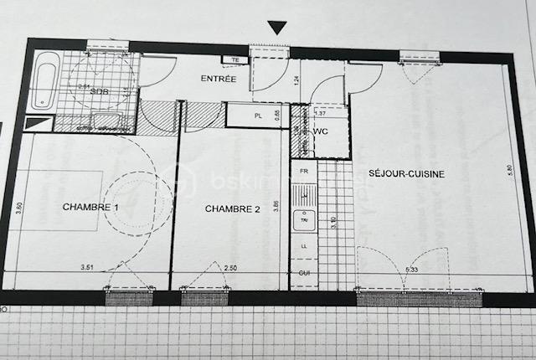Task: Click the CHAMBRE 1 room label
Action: (90, 207)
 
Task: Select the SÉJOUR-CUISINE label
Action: (406, 174)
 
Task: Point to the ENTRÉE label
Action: (218, 80)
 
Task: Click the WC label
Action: (320, 132)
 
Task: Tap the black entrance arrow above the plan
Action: (276, 28)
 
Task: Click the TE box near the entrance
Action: (235, 60)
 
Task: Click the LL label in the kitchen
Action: (303, 247)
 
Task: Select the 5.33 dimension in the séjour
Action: (412, 270)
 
